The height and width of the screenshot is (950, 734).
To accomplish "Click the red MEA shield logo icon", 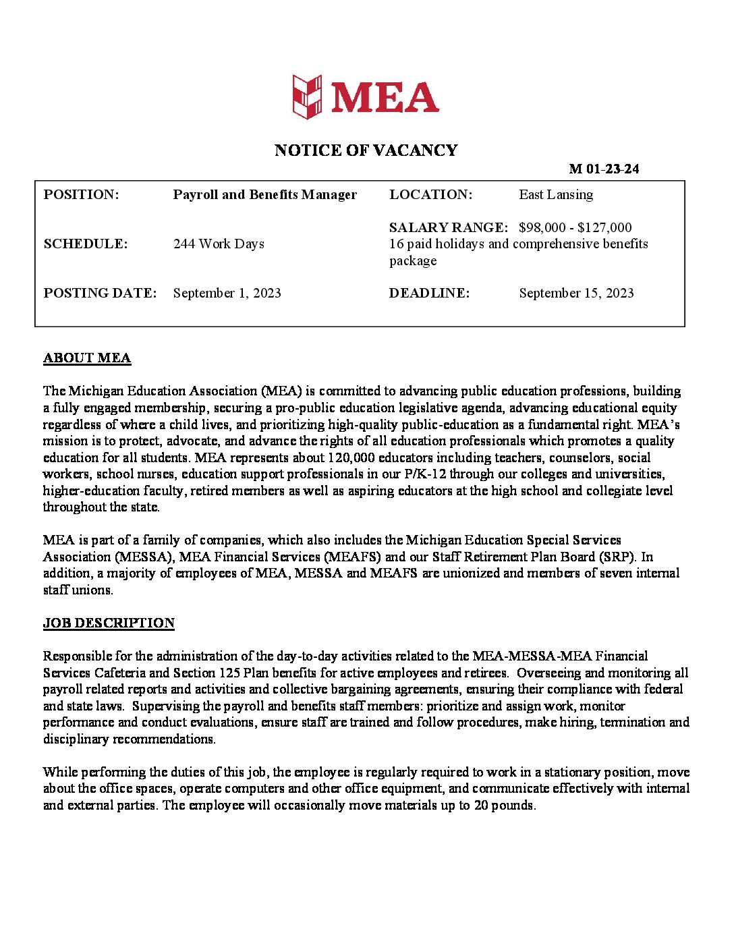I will (307, 97).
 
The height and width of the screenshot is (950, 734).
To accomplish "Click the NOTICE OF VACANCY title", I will (366, 150).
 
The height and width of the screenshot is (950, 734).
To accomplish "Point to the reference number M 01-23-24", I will (604, 169).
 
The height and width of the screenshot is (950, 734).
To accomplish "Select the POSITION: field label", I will (81, 195).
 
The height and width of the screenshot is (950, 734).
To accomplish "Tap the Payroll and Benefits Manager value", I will (264, 195).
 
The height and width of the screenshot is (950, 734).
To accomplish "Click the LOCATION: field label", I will (430, 195).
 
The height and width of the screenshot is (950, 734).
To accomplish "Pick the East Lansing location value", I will (556, 195).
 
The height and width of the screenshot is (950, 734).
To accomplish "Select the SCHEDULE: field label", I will (86, 244).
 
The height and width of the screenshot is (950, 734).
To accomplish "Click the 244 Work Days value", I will (219, 244).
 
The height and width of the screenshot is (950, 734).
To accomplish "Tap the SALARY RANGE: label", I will (449, 227).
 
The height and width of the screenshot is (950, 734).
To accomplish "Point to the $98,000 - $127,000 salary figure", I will (575, 227).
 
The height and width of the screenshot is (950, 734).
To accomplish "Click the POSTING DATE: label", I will (100, 294).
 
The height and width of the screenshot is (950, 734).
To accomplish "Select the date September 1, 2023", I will (227, 294).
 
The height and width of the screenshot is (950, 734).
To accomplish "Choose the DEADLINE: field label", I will (429, 294).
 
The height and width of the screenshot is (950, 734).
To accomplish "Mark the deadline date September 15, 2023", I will (576, 294).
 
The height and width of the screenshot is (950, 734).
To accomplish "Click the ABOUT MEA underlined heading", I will (87, 358).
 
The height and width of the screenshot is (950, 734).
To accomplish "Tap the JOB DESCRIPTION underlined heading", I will (109, 623).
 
